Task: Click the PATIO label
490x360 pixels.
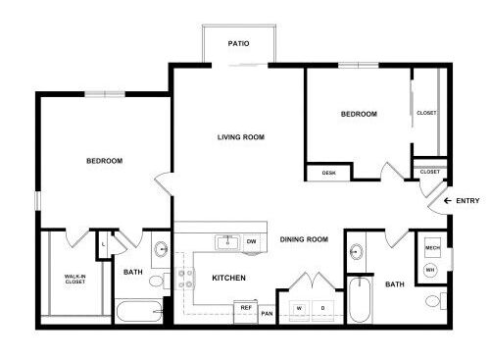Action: (x=238, y=43)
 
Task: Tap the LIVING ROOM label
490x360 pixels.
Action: (x=241, y=137)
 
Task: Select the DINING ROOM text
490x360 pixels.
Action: (x=304, y=239)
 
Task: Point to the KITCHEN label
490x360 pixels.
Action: (x=228, y=278)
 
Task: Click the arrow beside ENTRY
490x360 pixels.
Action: (x=448, y=201)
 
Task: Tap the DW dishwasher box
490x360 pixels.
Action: (x=251, y=242)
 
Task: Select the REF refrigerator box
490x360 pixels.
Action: (x=246, y=312)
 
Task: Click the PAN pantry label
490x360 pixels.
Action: (x=267, y=314)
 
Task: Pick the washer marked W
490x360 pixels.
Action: (x=299, y=310)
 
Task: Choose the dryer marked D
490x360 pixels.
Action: (x=323, y=310)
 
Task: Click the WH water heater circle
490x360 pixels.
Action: (x=430, y=270)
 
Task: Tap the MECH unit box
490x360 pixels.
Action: (x=432, y=247)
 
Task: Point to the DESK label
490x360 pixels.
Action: (x=328, y=173)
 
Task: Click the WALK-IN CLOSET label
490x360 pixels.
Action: (x=75, y=279)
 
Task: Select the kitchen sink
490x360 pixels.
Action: (x=227, y=242)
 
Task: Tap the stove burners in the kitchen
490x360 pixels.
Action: (x=185, y=279)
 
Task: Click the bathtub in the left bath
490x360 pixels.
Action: (x=139, y=311)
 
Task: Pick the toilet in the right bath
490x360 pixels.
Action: (x=436, y=301)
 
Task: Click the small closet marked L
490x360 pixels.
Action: (x=103, y=244)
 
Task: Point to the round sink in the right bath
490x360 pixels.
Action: (x=356, y=252)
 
